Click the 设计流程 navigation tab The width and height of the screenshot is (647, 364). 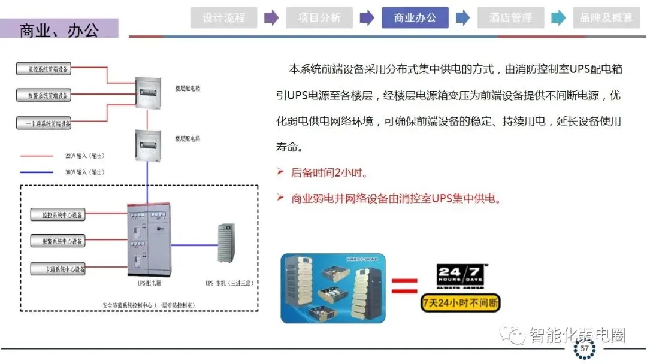coord(223,18)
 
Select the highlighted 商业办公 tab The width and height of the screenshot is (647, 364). coord(415,18)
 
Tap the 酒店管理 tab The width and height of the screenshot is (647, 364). coord(510,18)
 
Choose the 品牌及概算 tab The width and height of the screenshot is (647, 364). coord(606,18)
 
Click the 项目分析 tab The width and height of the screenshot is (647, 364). coord(319,18)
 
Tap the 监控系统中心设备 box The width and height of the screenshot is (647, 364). coord(58,214)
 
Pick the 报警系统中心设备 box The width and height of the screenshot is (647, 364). coord(58,242)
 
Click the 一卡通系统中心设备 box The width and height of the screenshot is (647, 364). coord(58,269)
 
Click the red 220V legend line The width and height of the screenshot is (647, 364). coord(37,156)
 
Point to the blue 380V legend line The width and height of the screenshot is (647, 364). coord(37,172)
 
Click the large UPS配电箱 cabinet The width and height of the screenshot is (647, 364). coord(147,240)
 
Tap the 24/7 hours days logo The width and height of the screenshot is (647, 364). coord(459,276)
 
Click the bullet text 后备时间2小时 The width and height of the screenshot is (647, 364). coord(328,173)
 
